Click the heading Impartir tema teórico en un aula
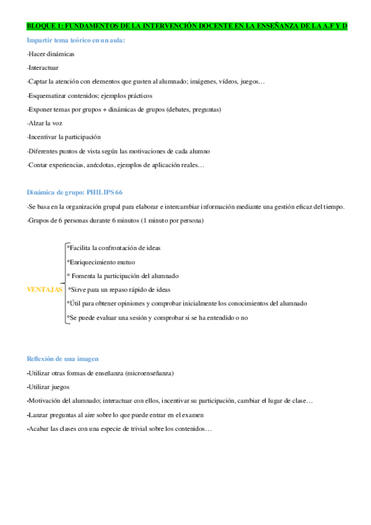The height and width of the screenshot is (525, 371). tap(76, 40)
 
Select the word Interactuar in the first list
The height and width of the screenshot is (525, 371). tap(44, 67)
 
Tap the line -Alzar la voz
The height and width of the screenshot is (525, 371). tap(45, 123)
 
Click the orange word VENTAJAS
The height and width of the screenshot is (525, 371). tap(45, 289)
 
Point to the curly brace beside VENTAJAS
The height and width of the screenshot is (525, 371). tap(64, 283)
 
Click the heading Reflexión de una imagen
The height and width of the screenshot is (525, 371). tap(63, 359)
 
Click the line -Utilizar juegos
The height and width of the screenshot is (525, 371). tap(48, 387)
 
